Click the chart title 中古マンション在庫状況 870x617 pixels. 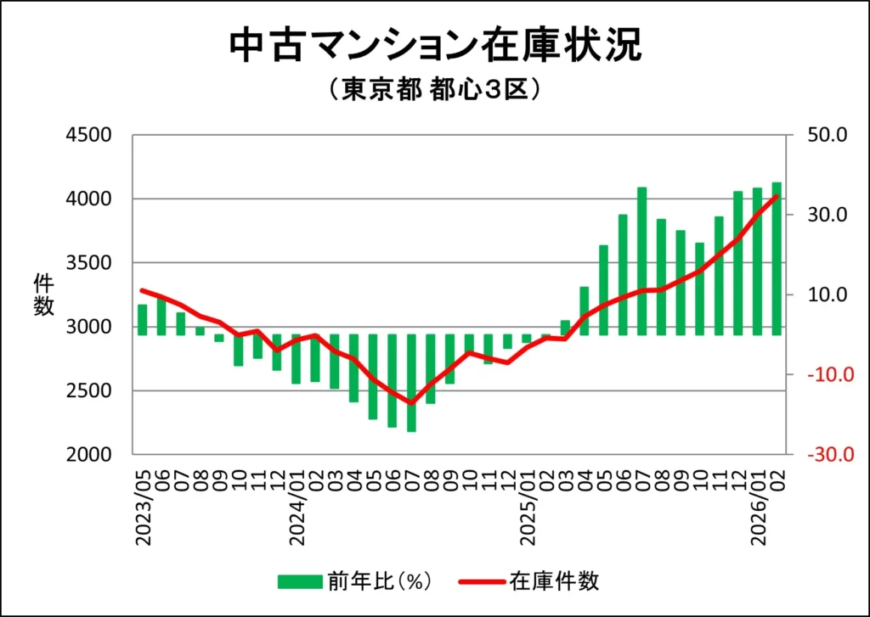[435, 46]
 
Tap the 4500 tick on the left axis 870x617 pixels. [89, 135]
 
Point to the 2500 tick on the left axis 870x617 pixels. [89, 391]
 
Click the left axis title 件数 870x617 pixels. [43, 294]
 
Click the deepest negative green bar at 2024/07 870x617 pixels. [411, 383]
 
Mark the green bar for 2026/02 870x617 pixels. [777, 259]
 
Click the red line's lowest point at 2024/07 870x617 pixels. [411, 403]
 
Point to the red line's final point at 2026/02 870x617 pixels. [776, 197]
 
